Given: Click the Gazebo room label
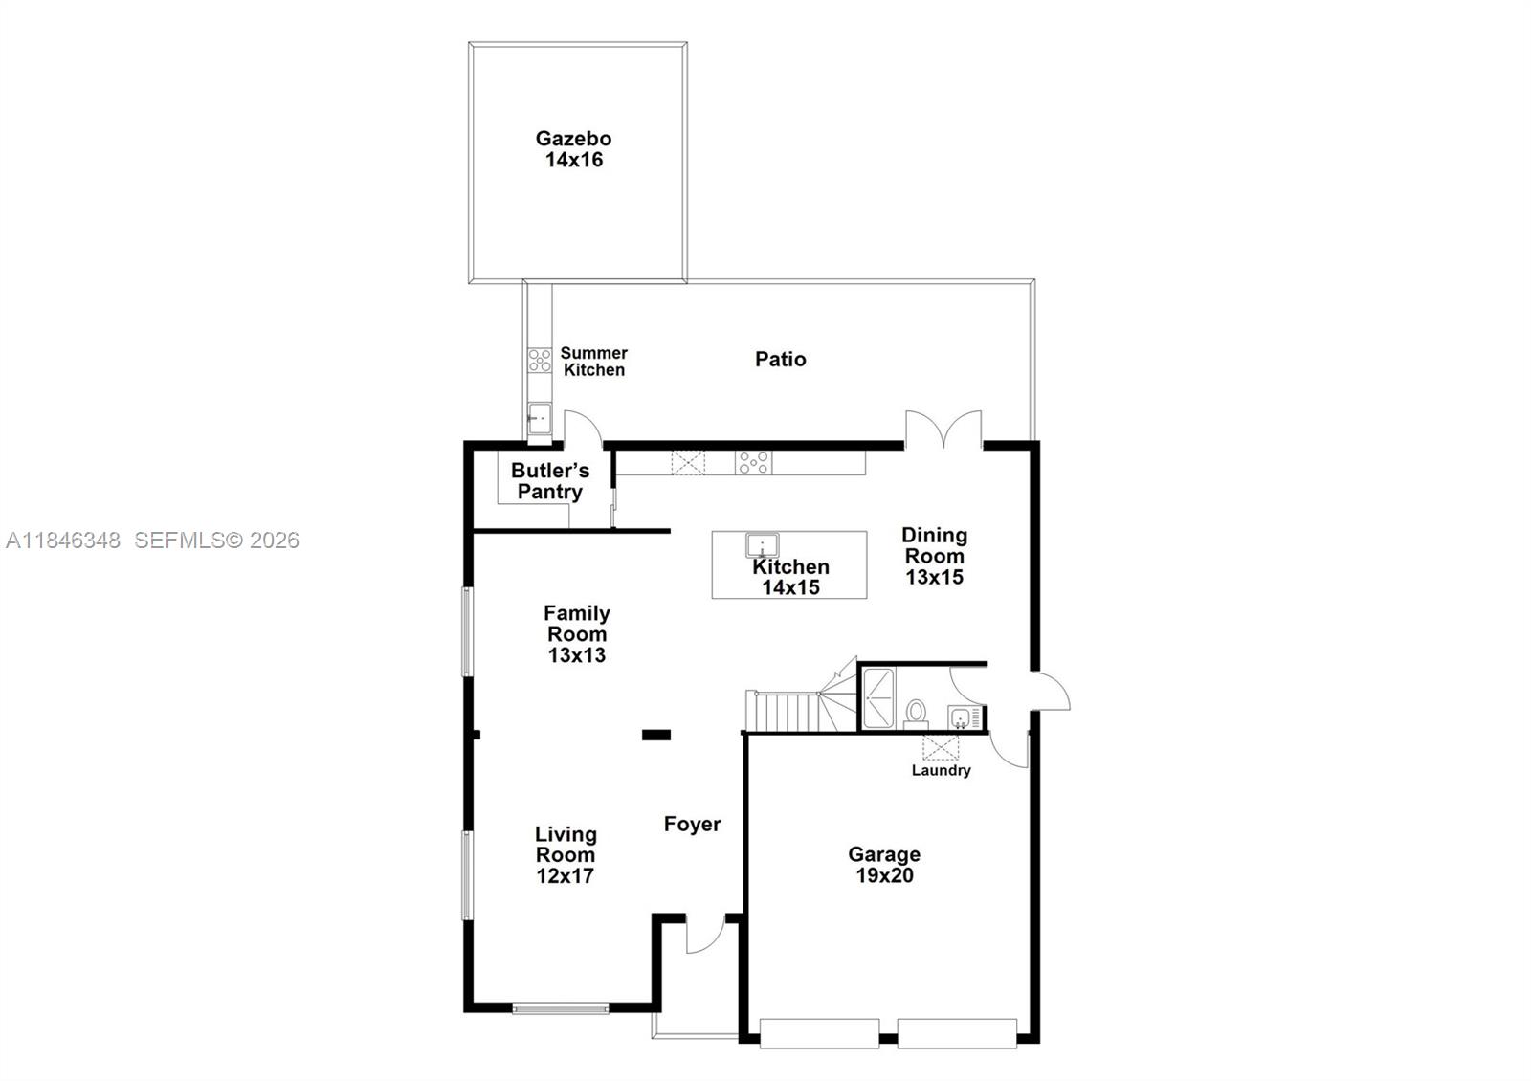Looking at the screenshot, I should coord(573,149).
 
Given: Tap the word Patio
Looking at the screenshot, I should coord(780,360).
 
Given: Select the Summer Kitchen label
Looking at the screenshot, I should coord(593,362).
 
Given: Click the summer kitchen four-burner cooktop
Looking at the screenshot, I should coord(540,361).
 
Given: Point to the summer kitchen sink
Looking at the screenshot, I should coord(540,418).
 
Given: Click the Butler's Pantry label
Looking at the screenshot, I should coord(549,481).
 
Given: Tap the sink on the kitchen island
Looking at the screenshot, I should coord(762,545).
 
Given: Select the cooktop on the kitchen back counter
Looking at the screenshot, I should coord(753,463).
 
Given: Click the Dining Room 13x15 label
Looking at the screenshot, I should coord(934,556).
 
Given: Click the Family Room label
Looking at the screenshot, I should coord(576,633).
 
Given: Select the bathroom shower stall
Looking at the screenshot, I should coord(877,698).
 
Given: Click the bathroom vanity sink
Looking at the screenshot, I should coord(959,717).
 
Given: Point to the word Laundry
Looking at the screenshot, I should coord(941,770).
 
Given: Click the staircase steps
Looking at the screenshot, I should coord(785,712).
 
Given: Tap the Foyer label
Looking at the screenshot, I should coord(692,824).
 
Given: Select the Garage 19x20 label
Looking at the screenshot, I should coord(883,865).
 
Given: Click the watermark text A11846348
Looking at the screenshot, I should coord(63,540).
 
